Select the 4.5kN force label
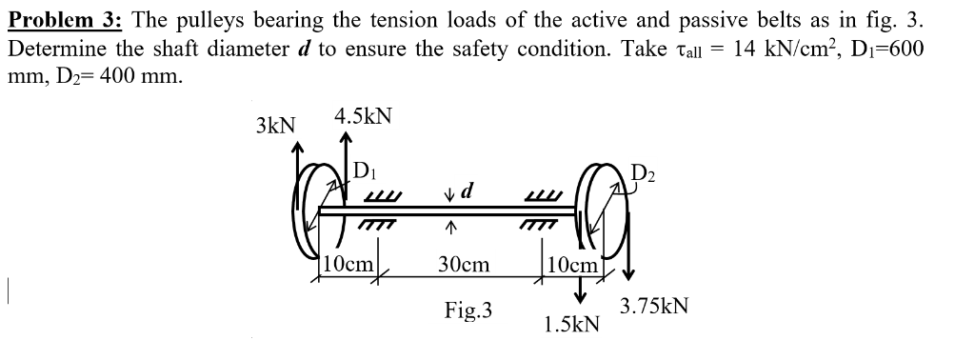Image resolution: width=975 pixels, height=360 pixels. (x=363, y=117)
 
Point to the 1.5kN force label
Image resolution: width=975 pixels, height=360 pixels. (x=571, y=325)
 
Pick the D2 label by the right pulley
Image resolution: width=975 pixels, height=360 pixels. (x=645, y=175)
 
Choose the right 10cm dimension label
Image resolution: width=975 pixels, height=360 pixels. (x=571, y=264)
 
